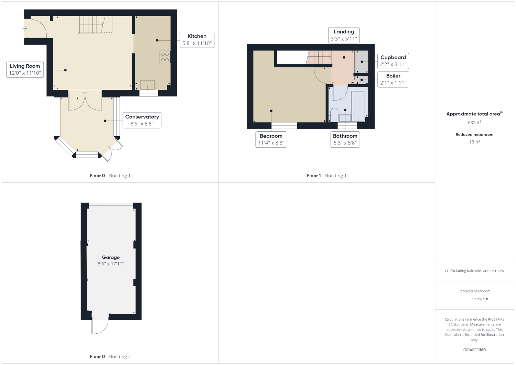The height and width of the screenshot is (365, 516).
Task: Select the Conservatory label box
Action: (x=142, y=120)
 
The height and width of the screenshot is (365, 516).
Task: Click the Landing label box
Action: (x=344, y=35)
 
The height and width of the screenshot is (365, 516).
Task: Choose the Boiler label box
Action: (x=393, y=79)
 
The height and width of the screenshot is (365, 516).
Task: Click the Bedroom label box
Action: (x=271, y=139)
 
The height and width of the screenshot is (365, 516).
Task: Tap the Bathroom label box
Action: (x=345, y=139)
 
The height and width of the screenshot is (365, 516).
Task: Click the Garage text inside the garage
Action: (x=111, y=257)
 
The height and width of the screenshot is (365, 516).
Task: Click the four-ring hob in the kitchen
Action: (x=165, y=57)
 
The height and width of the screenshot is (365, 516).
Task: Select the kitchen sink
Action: (x=148, y=85)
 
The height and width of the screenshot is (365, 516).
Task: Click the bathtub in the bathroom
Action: (x=358, y=106)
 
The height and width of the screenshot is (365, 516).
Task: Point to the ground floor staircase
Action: (x=92, y=25)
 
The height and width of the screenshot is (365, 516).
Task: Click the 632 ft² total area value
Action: (x=474, y=122)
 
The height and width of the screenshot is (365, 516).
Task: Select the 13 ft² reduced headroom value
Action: (x=474, y=142)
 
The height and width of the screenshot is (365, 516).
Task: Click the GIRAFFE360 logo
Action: (x=474, y=350)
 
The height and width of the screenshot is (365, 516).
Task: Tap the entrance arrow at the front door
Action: (x=25, y=29)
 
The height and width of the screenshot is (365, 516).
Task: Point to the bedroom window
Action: (x=284, y=126)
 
